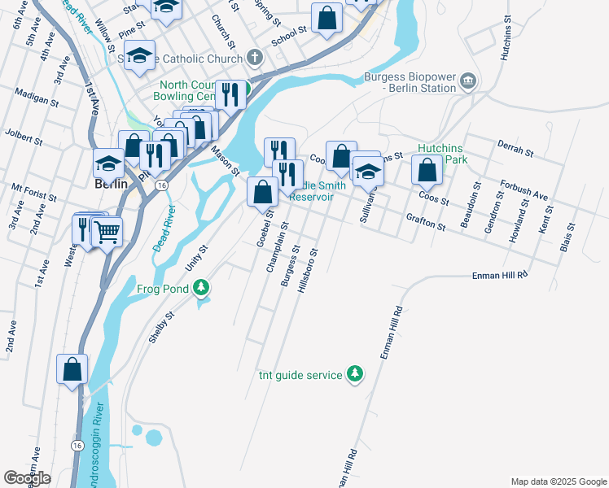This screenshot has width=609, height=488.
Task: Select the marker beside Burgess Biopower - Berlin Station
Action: pos(467,81)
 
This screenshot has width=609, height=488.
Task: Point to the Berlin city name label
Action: pos(111,184)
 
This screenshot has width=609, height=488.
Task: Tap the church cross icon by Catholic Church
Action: pos(255,59)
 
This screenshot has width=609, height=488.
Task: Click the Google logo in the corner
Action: pos(28,478)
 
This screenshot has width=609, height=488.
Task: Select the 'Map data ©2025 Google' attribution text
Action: pos(559,481)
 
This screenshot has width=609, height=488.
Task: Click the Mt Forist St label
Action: pos(33,192)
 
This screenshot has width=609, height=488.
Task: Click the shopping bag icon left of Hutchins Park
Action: pos(427,169)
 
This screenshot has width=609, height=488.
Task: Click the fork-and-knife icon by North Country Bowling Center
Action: pos(230,94)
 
